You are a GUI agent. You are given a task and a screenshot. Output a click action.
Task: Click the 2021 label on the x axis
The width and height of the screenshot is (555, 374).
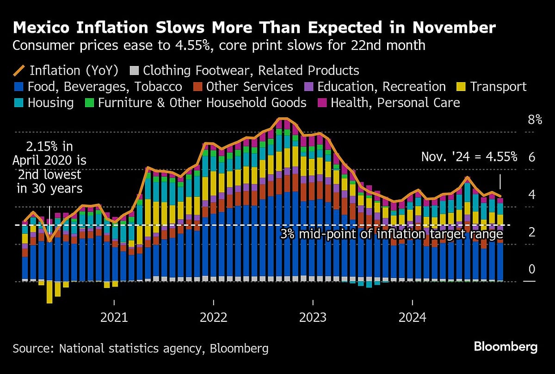[x=114, y=317]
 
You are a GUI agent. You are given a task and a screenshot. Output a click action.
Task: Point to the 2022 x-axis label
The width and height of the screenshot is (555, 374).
[x=214, y=317]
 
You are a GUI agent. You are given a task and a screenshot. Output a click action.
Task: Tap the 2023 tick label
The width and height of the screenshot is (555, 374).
[x=313, y=317]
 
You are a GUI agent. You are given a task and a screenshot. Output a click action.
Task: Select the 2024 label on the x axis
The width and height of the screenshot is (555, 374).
[x=413, y=317]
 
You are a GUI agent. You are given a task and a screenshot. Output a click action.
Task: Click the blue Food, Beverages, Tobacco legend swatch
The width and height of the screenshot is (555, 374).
[x=18, y=87]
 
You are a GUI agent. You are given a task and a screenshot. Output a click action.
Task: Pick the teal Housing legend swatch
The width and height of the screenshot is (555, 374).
[x=18, y=103]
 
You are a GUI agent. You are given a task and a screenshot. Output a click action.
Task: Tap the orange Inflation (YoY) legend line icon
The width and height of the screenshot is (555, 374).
[x=19, y=71]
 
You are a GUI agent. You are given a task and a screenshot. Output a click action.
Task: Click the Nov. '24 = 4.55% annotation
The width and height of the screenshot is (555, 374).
[x=469, y=157]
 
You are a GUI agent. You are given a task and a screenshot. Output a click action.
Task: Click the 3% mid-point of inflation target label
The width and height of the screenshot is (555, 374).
[x=391, y=234]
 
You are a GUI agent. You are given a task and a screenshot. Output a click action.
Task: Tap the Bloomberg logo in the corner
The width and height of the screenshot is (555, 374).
[x=506, y=347]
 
